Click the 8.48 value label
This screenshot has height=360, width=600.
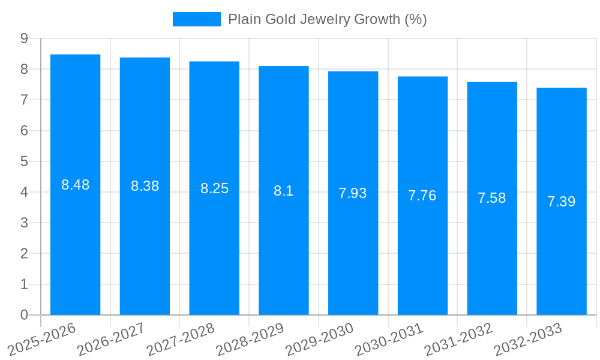75,185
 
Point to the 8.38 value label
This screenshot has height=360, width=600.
145,186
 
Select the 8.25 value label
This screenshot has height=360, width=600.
214,188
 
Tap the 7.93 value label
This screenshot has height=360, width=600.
353,193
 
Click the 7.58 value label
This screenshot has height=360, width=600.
492,199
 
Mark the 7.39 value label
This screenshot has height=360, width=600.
562,202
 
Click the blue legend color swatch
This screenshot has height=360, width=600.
196,19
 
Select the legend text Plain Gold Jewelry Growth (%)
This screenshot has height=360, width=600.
327,19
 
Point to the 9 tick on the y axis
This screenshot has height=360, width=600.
24,38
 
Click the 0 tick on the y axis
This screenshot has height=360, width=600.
24,315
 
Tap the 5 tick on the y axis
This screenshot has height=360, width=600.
24,161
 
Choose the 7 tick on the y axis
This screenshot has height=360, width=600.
24,100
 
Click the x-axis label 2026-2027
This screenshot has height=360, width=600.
111,340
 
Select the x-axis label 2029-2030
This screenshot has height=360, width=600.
319,340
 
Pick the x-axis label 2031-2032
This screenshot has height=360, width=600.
458,340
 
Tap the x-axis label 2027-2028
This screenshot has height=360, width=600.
181,340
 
